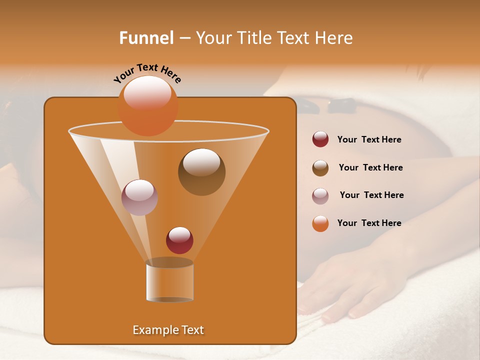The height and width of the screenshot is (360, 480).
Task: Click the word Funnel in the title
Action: click(146, 37)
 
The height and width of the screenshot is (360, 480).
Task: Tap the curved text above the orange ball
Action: click(147, 73)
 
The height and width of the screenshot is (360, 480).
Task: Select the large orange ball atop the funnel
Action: click(148, 106)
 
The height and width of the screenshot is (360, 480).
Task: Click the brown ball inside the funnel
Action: click(201, 171)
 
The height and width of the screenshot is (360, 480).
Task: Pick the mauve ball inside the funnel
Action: click(139, 197)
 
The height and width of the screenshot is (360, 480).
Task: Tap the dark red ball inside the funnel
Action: click(179, 240)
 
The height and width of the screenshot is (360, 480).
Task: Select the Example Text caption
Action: click(168, 330)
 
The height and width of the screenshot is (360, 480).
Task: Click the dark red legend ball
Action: click(320, 139)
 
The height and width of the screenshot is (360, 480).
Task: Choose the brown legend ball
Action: click(320, 168)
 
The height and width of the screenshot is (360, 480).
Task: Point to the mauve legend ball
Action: click(320, 196)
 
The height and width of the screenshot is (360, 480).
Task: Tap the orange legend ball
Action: click(320, 223)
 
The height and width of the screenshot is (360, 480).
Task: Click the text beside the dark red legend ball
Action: click(369, 140)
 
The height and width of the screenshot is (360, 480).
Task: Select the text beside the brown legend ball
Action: click(370, 168)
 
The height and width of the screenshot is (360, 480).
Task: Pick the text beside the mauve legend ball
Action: click(371, 195)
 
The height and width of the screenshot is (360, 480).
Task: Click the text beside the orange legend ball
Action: click(369, 223)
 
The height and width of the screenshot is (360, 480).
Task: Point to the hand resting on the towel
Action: click(345, 285)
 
